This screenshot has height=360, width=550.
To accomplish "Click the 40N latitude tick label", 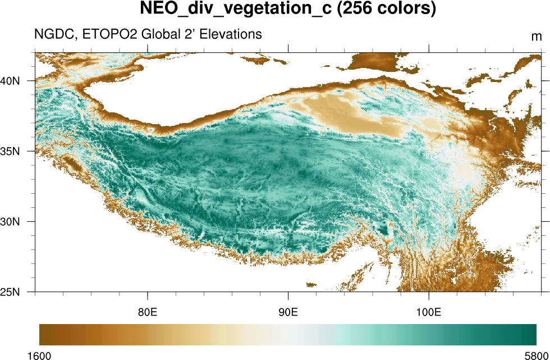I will [10, 80].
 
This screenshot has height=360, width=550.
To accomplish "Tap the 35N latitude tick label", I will [10, 151].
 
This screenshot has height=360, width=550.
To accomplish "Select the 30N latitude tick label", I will [10, 221].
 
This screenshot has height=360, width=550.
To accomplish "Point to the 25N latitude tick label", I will [10, 292].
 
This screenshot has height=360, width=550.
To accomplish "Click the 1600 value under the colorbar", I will [39, 355].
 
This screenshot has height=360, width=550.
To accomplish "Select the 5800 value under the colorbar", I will [536, 355].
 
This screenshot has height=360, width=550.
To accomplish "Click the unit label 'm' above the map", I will [536, 37].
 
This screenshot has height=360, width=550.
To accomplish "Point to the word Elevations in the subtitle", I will [228, 34].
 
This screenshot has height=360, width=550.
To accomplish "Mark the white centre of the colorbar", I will [288, 335].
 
